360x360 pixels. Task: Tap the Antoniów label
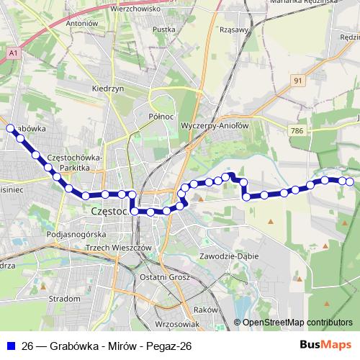coord(81,23)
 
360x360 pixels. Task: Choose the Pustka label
coord(164,30)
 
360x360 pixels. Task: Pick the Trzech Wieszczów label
coord(117,247)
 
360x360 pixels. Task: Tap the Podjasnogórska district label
coord(76,235)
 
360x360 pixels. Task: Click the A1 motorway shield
coord(14,52)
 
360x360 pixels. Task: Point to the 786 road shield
coord(295,131)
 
